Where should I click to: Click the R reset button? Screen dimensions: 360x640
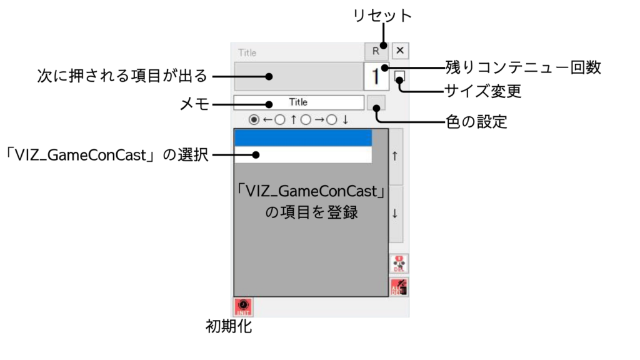376,51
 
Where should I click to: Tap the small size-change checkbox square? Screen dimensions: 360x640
399,77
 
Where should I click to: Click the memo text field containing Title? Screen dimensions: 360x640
298,102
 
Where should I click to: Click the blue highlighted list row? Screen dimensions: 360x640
303,138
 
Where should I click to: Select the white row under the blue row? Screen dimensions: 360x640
303,154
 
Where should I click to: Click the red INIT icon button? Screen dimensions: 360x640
243,306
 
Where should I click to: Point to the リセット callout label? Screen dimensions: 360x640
382,16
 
